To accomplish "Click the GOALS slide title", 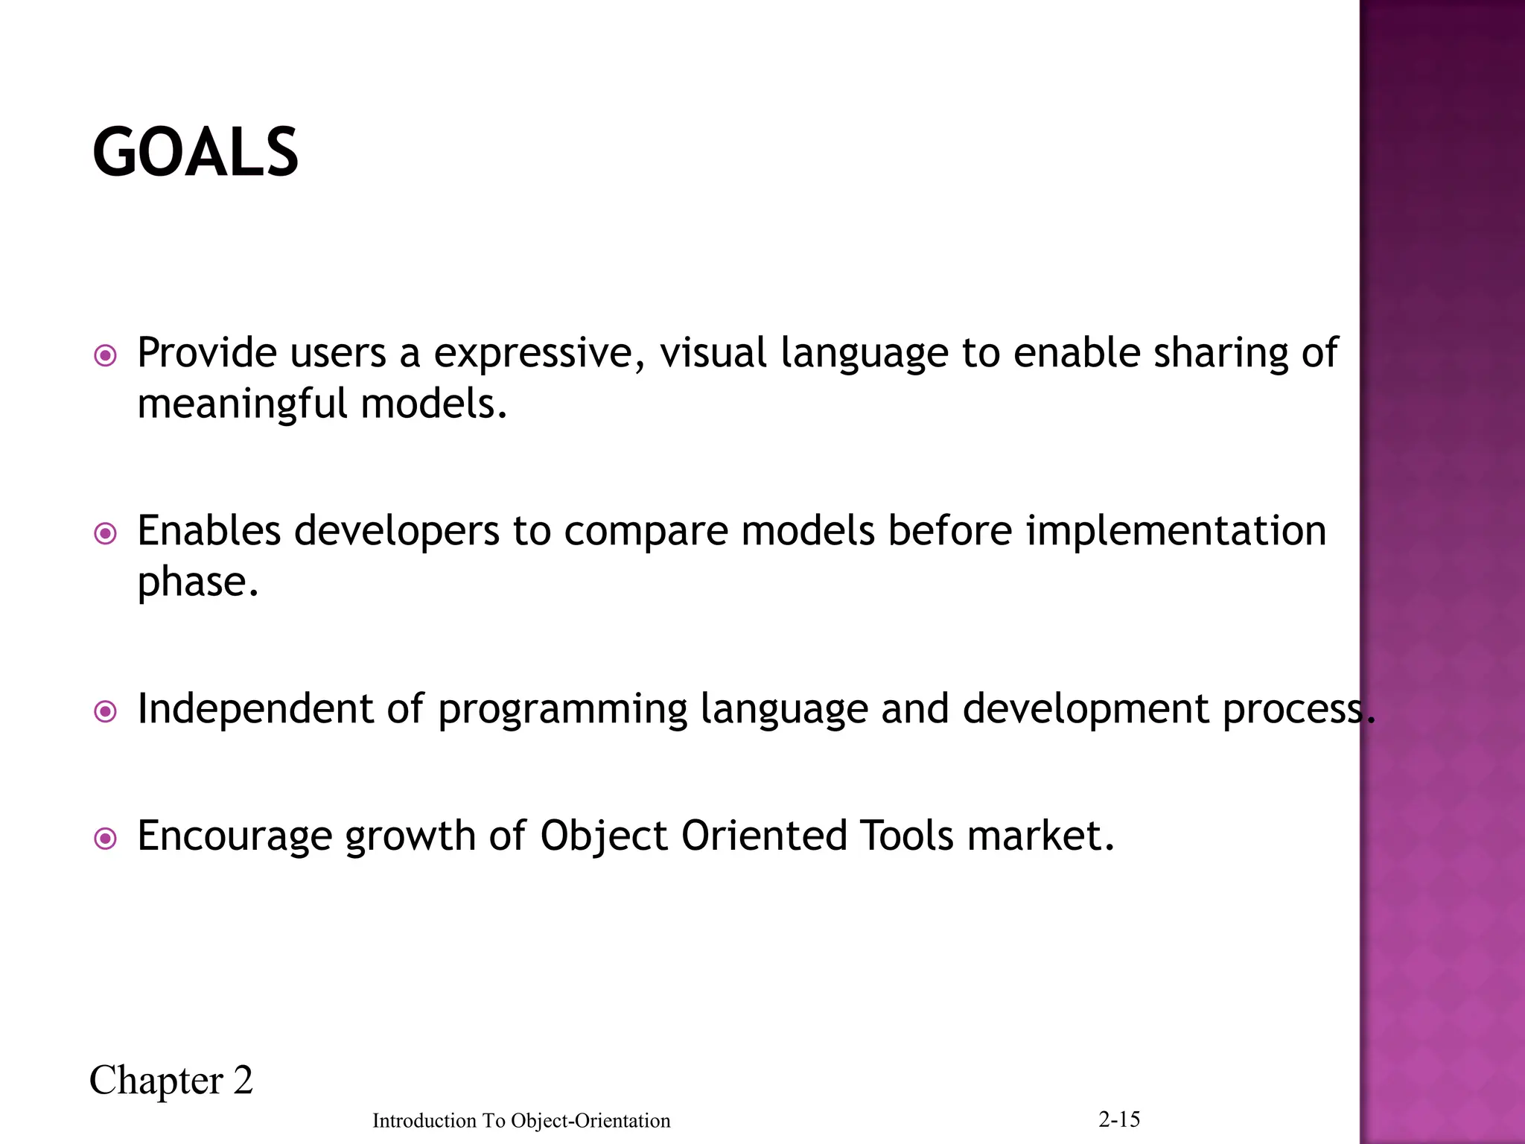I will (195, 153).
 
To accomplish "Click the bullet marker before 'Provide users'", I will (106, 356).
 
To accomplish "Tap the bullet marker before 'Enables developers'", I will (106, 534).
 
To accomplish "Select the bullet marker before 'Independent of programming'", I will (106, 712).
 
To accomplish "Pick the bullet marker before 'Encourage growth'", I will (106, 839).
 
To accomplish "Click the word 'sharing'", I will (1220, 353).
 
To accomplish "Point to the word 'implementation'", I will (1176, 531).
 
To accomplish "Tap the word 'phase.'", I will (198, 582).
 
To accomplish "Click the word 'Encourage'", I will (235, 837).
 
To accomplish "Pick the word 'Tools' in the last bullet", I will (905, 836).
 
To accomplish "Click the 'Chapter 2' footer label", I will (171, 1081).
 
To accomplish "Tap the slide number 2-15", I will (1119, 1119).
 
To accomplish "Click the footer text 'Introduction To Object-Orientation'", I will (521, 1121).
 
